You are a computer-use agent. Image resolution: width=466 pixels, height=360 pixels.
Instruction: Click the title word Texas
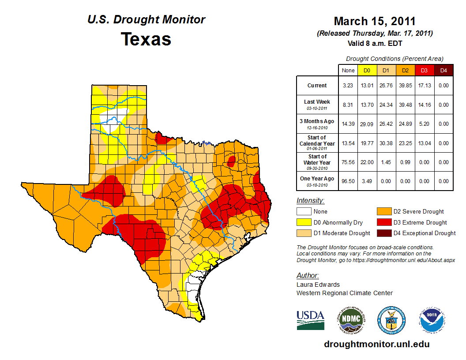[146, 39]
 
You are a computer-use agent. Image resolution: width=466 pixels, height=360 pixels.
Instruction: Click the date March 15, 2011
[375, 21]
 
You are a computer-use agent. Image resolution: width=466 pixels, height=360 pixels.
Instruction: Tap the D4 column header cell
[443, 70]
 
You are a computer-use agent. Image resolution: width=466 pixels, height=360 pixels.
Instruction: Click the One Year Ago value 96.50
[348, 181]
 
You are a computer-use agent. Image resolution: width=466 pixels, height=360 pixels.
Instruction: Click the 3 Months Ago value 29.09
[367, 124]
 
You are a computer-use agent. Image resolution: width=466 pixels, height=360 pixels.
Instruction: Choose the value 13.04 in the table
[424, 143]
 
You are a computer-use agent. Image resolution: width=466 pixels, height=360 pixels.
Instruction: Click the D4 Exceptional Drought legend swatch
[383, 233]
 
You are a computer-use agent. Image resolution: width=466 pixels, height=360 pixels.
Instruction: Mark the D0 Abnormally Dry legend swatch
[304, 222]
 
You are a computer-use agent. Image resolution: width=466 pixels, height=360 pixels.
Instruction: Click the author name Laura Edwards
[318, 285]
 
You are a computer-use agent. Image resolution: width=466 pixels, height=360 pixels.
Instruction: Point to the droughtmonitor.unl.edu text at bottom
[376, 344]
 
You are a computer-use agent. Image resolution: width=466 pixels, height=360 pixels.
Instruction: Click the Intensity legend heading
[310, 201]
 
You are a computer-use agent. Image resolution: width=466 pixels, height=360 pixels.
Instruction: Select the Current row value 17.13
[424, 86]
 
